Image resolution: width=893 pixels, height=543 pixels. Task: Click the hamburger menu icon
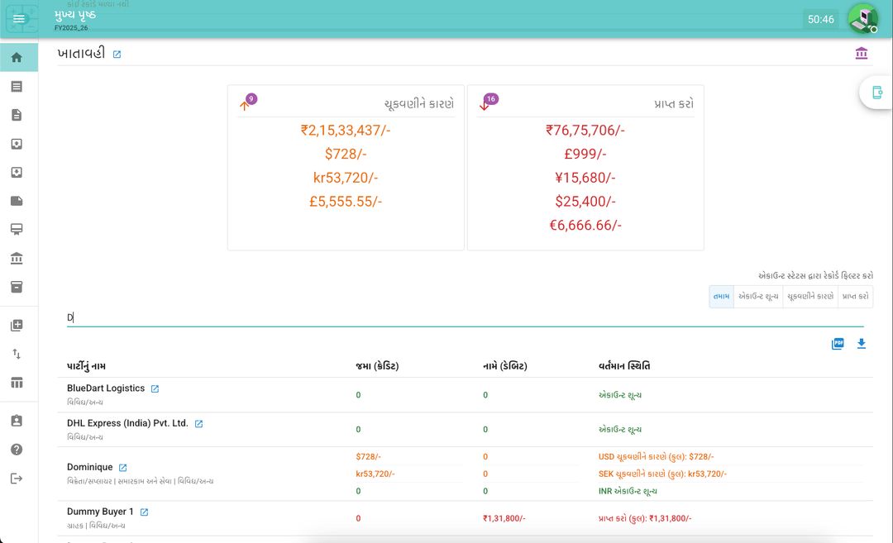(x=19, y=19)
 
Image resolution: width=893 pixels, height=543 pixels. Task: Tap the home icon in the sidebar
(x=17, y=58)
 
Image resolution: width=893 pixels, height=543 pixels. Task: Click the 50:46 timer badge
(x=820, y=19)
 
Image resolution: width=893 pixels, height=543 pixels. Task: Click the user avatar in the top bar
(x=863, y=18)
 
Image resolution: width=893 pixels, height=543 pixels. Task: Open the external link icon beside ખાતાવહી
(x=117, y=55)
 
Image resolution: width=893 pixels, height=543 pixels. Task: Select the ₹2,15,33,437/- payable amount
(x=346, y=130)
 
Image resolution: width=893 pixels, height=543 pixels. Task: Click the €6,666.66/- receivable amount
(x=585, y=225)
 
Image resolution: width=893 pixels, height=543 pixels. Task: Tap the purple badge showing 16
(x=491, y=99)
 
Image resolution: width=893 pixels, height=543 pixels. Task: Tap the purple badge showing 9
(x=251, y=99)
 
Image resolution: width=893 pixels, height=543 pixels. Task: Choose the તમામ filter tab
(x=721, y=297)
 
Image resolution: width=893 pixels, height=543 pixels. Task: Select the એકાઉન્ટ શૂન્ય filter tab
(x=758, y=297)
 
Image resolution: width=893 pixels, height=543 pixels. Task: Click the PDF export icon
(x=838, y=344)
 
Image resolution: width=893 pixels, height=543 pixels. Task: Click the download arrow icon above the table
(x=862, y=344)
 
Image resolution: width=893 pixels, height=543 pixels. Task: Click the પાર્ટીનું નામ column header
(x=87, y=366)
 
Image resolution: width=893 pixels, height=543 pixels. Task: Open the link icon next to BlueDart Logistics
(x=155, y=388)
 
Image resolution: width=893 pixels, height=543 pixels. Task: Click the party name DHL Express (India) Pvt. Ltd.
(x=127, y=423)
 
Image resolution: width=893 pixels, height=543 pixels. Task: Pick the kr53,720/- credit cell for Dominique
(x=375, y=474)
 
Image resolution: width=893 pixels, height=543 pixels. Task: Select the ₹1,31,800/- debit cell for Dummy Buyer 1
(x=504, y=518)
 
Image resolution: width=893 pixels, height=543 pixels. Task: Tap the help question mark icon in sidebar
(x=17, y=450)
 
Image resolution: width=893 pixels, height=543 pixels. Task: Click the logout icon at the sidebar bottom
(x=17, y=479)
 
